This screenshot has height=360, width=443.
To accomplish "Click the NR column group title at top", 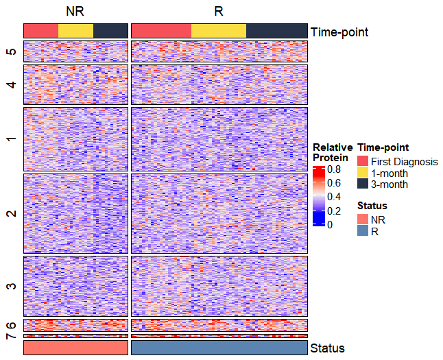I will click(x=75, y=12).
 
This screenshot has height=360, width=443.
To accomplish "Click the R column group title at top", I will click(x=218, y=12).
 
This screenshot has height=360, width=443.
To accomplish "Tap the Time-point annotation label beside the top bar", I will click(x=339, y=32).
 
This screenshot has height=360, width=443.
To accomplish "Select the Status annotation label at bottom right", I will click(x=327, y=348).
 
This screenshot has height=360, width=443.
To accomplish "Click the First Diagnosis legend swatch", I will click(x=363, y=161).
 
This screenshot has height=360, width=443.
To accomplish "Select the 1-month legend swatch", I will click(x=363, y=173).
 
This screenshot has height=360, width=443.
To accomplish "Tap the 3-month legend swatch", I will click(x=363, y=184).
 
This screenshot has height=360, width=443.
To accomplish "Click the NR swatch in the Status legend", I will click(x=363, y=219).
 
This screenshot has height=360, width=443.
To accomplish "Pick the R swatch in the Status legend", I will click(x=363, y=231).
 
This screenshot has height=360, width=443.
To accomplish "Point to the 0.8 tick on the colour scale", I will click(x=335, y=169).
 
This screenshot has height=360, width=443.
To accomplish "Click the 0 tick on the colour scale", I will click(x=331, y=224).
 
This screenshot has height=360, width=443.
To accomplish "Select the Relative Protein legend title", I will click(x=333, y=152).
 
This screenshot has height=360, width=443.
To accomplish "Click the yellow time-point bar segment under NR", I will click(x=75, y=31).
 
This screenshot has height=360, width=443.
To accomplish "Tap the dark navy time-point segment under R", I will click(x=276, y=31).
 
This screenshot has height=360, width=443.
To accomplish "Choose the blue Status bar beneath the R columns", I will click(x=219, y=348).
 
